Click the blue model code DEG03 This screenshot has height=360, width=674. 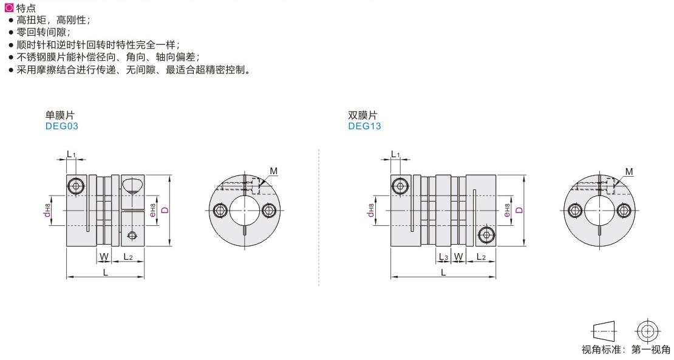[x=62, y=126]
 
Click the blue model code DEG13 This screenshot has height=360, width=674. [x=364, y=126]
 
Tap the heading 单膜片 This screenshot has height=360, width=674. [x=60, y=115]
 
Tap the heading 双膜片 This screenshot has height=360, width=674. [x=363, y=115]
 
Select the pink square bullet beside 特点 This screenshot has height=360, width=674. [x=9, y=8]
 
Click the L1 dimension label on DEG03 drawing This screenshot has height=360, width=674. [x=70, y=155]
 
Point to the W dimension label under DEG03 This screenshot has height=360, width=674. [x=104, y=257]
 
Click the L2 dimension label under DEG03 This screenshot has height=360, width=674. [x=128, y=257]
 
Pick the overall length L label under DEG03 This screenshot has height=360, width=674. [x=105, y=272]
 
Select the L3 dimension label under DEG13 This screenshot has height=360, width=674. [x=443, y=257]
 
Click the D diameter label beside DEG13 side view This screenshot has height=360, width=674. [x=519, y=210]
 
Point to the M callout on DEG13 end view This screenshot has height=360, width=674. [x=628, y=172]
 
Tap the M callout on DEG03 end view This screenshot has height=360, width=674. [x=274, y=171]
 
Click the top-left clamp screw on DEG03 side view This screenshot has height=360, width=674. [x=75, y=185]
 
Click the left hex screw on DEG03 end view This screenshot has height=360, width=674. [x=220, y=210]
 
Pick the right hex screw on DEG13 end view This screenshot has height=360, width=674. [x=624, y=210]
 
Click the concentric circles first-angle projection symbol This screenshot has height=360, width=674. [x=648, y=331]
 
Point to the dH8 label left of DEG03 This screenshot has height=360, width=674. [x=47, y=210]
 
